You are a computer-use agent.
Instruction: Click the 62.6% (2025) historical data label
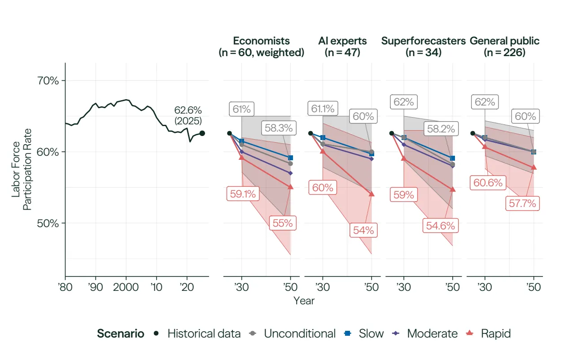coord(188,115)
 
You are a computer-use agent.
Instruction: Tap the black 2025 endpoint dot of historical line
coord(202,133)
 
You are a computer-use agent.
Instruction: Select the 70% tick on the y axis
coord(47,81)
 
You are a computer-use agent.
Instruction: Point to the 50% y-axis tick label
coord(47,223)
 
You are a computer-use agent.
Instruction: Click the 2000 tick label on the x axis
coord(126,286)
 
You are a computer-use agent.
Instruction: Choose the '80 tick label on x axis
coord(65,286)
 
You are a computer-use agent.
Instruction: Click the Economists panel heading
coord(262,47)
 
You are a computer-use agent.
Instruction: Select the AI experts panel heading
coord(342,47)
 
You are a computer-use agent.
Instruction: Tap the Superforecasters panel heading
coord(423,47)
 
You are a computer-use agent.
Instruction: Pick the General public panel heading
coord(505,47)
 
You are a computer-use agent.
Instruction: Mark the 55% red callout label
coord(283,223)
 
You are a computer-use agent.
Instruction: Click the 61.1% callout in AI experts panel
coord(323,108)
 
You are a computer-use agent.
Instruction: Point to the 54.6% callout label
coord(440,226)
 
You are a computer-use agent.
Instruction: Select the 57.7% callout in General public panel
coord(523,203)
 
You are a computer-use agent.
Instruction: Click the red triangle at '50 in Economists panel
coord(290,187)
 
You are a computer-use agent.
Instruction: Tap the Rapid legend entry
coord(490,334)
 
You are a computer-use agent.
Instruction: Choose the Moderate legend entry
coord(426,334)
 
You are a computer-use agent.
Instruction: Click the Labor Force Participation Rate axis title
coord(22,170)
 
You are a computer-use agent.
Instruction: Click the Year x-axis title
coord(304,300)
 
